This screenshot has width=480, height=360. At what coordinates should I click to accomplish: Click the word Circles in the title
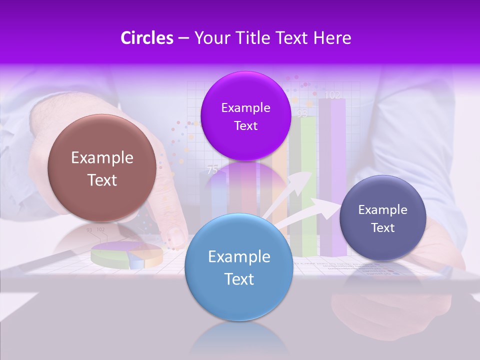[x=146, y=38]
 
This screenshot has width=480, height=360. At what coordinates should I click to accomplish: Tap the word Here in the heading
[x=332, y=38]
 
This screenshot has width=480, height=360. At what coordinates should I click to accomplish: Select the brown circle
[x=101, y=168]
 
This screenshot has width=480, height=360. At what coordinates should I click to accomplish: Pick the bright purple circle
[x=245, y=116]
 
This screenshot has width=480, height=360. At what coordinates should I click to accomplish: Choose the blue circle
[x=238, y=267]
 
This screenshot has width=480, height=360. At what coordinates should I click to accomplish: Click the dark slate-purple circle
[x=382, y=218]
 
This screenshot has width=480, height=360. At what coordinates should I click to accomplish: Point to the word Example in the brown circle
[x=102, y=158]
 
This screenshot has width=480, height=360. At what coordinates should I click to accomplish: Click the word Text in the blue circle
[x=239, y=279]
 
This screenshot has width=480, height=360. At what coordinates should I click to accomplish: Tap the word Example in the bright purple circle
[x=245, y=107]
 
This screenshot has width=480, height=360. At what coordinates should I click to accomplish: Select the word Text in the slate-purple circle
[x=383, y=227]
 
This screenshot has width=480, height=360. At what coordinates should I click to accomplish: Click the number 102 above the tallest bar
[x=332, y=94]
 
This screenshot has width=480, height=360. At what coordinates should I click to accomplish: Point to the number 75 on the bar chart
[x=212, y=170]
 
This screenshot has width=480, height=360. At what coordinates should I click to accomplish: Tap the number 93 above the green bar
[x=302, y=113]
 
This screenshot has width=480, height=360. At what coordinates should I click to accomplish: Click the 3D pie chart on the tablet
[x=127, y=254]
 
